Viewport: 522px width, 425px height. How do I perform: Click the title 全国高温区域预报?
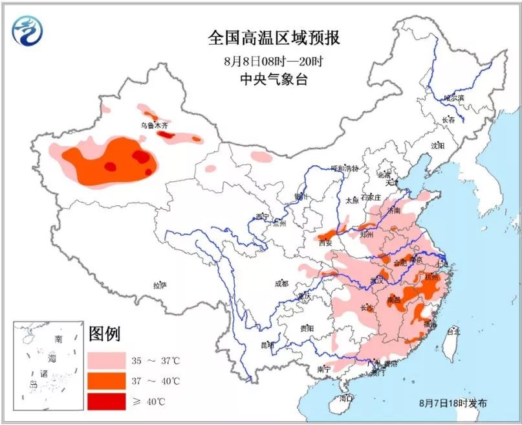tap(273, 38)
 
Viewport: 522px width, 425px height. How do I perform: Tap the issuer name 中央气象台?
tap(273, 80)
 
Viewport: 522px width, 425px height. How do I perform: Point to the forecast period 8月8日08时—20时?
tap(273, 62)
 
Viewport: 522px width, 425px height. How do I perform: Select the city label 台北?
tap(453, 331)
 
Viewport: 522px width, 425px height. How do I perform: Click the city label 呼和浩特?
tap(344, 168)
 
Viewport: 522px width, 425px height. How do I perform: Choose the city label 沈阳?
tap(437, 146)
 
